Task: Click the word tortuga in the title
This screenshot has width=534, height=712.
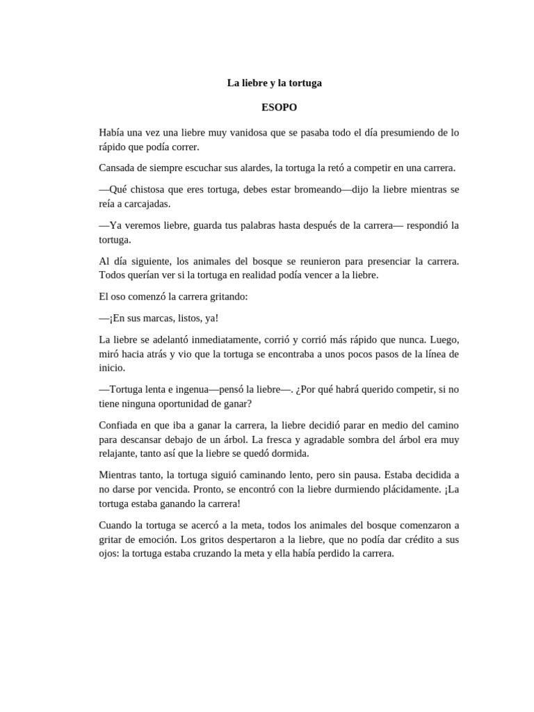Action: coord(303,83)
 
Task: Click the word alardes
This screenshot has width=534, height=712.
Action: coord(254,168)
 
